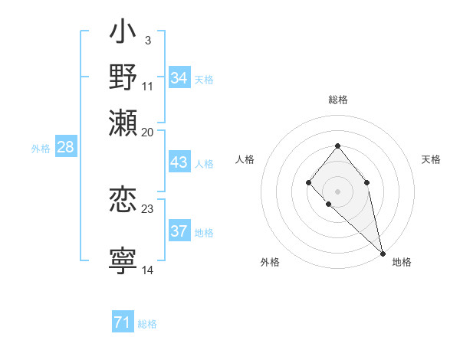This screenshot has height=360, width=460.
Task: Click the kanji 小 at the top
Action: point(123,34)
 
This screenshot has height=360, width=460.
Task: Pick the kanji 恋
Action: point(123,200)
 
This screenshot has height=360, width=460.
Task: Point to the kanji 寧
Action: point(123,261)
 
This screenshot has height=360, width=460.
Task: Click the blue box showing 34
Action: point(179,78)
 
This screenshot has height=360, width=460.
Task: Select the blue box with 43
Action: point(179,162)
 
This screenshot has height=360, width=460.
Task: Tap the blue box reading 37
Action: point(179,231)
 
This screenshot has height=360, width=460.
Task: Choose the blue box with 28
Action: point(65,148)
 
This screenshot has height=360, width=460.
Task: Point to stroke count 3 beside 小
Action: point(147,41)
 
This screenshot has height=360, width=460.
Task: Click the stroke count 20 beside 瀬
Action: point(148,133)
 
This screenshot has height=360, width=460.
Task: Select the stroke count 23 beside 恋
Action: point(148,209)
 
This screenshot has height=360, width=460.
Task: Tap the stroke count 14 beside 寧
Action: point(148,270)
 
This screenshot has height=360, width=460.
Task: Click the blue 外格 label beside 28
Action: point(41,149)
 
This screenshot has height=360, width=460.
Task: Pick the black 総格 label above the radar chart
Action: point(338,100)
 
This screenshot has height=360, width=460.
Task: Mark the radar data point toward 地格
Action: point(383,254)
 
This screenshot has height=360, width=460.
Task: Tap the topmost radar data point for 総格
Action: point(337,146)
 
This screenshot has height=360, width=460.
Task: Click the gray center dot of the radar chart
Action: point(337,191)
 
